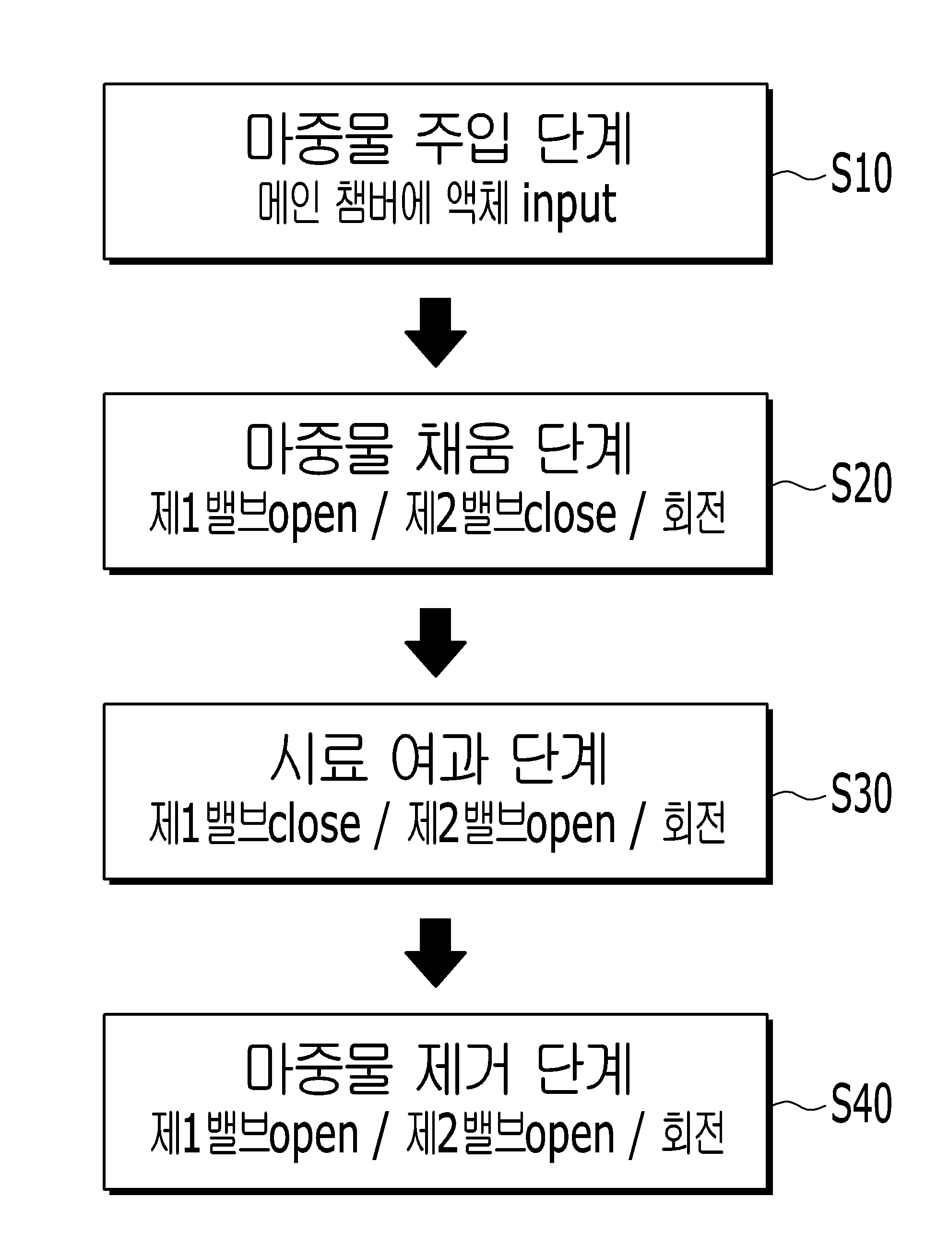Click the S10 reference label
pos(861,173)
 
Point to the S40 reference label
pos(861,1103)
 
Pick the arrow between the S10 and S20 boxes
pos(436,332)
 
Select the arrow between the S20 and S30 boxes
pos(436,642)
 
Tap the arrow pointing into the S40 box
pos(436,953)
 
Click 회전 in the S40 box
pos(693,1133)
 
